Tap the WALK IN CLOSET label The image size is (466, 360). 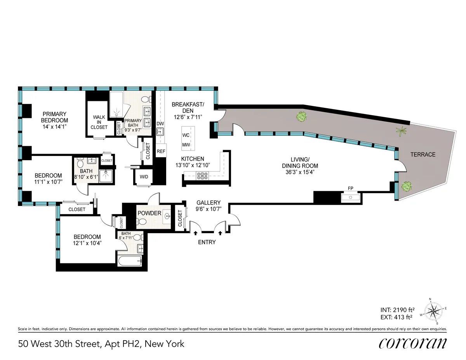coord(99,122)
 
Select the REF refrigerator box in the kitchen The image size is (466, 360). coord(161,151)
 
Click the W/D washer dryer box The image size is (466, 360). coord(144,177)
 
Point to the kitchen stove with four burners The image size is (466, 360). coord(202,176)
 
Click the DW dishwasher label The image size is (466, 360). coord(160,124)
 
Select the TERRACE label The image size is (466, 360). coord(423,154)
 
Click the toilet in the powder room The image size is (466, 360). coord(142,222)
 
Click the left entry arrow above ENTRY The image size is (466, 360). coord(195,233)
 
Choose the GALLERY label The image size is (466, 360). coord(208,202)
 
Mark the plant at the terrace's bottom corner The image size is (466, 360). coord(406,187)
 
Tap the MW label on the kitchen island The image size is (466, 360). coord(186,145)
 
